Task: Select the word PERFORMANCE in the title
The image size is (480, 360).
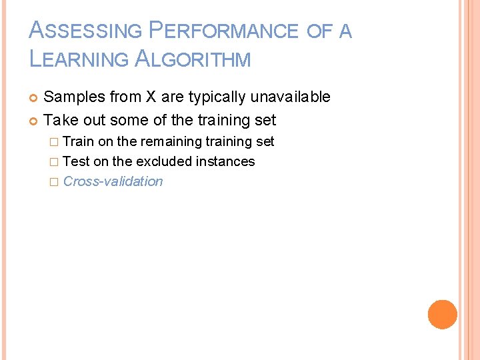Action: click(x=223, y=31)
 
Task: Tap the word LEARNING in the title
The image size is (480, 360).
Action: click(x=79, y=59)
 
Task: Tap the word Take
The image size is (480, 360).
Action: click(x=60, y=121)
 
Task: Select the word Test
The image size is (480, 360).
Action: click(x=76, y=162)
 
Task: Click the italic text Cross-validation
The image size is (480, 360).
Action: click(x=113, y=181)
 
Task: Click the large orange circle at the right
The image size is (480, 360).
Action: click(x=443, y=315)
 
